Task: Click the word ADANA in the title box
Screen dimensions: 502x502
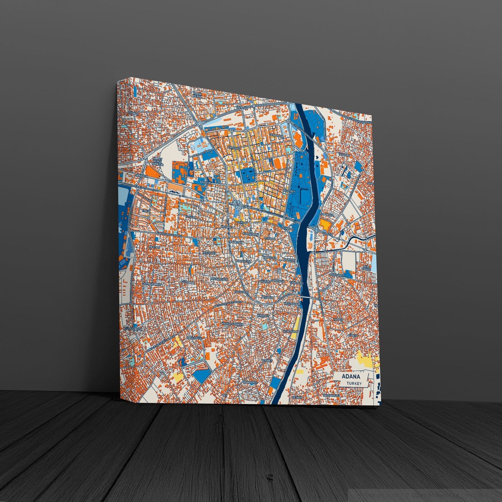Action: click(x=351, y=377)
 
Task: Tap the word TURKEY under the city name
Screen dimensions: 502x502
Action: click(x=354, y=384)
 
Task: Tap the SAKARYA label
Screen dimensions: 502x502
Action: click(x=143, y=176)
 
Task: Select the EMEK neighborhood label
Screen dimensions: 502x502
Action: click(x=145, y=211)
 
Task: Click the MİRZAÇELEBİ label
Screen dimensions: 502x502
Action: click(x=219, y=279)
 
